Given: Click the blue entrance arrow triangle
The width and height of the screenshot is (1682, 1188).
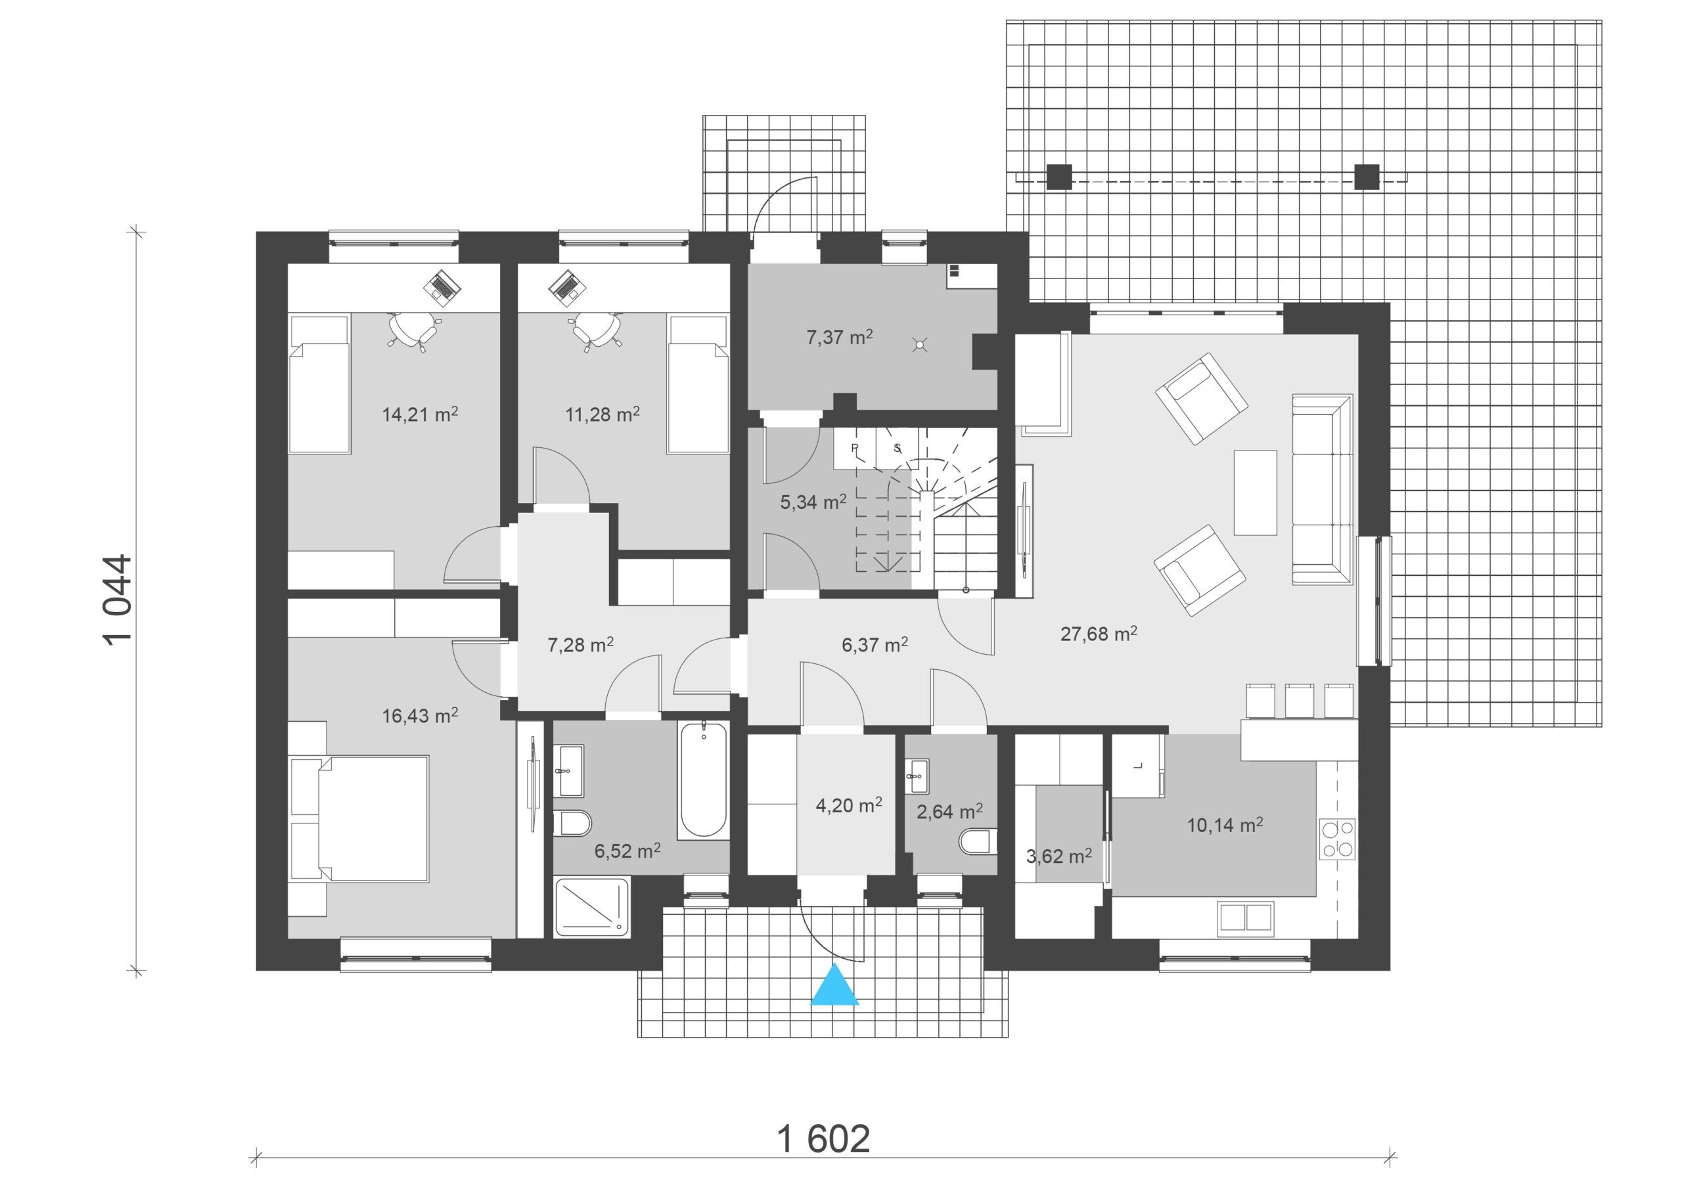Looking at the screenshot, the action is [x=834, y=985].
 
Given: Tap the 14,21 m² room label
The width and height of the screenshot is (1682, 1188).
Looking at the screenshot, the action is [x=420, y=414].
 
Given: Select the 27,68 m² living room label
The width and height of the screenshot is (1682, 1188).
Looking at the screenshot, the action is [x=1099, y=634].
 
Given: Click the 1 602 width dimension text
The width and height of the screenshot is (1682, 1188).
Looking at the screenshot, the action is [x=823, y=1139].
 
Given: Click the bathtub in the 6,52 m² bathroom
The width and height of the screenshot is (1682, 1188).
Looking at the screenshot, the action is [x=703, y=780].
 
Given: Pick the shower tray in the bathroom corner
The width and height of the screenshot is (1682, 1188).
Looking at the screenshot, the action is [x=592, y=907].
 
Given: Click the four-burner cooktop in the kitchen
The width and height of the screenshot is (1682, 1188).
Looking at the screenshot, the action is [x=1337, y=839].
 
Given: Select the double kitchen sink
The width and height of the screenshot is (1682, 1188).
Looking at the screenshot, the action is [x=1245, y=917].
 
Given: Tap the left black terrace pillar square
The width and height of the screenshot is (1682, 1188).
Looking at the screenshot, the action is [x=1058, y=177].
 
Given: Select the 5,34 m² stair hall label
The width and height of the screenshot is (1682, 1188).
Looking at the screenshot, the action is [x=813, y=502].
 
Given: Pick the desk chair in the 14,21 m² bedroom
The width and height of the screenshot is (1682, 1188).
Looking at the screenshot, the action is [x=413, y=331].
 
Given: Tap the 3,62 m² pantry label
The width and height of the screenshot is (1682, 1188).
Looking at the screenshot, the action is [x=1059, y=856].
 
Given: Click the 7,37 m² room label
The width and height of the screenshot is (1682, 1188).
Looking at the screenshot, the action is [x=840, y=338].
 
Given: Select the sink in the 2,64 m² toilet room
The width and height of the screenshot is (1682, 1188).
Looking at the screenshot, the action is [x=917, y=776].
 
